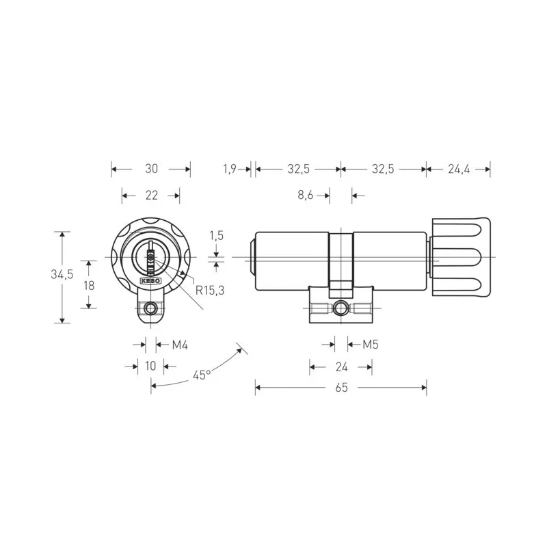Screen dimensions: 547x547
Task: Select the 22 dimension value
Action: [x=152, y=196]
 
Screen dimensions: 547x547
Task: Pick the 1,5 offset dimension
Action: [x=217, y=235]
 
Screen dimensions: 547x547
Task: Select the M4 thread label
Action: [x=179, y=344]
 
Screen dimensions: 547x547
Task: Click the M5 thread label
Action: [x=370, y=344]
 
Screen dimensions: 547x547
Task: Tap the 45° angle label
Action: [x=200, y=375]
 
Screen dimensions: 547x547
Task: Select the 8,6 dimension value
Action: [x=305, y=196]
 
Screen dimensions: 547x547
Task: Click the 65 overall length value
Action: [x=341, y=388]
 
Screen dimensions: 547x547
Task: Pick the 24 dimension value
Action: [x=341, y=366]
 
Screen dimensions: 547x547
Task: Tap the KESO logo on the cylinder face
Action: [x=150, y=280]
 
